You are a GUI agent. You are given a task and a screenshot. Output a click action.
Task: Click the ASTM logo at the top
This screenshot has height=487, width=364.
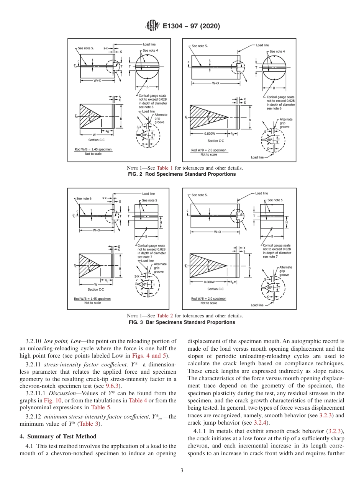152,26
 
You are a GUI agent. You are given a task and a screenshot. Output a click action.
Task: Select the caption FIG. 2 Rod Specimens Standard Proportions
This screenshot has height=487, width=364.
182,174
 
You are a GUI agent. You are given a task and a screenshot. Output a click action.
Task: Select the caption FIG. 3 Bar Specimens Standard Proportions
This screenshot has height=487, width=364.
182,322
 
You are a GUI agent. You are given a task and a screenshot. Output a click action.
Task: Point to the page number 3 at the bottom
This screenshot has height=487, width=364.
182,471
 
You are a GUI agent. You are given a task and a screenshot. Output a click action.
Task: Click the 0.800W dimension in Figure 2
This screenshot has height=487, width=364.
209,134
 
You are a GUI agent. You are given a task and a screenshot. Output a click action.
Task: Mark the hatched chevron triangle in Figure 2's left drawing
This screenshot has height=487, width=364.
87,115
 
